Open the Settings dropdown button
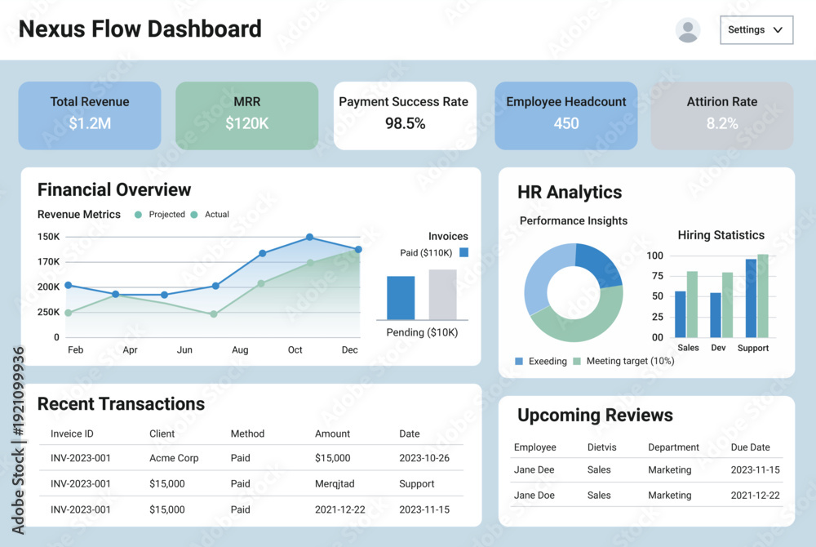coord(756,29)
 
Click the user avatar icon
coord(687,30)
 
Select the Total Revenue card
coord(90,115)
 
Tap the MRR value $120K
coord(246,123)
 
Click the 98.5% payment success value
coord(405,123)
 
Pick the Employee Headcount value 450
coord(566,123)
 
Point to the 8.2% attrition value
coord(722,123)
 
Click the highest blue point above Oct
coord(309,237)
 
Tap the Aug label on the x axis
coord(240,349)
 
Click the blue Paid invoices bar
coord(401,298)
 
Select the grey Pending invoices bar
coord(442,295)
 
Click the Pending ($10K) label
coord(422,332)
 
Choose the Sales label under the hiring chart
coord(688,348)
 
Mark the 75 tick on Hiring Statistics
coord(657,276)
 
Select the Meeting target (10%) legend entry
coord(623,361)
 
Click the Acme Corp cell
coord(174,458)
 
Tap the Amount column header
coord(333,434)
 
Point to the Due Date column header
coord(750,447)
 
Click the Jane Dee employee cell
coord(534,469)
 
